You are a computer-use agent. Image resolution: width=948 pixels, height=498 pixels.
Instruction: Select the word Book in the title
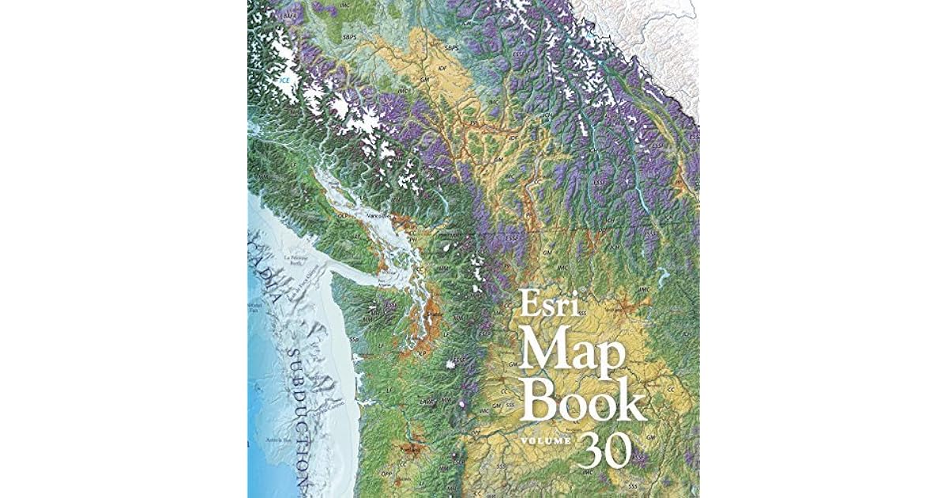pos(585,402)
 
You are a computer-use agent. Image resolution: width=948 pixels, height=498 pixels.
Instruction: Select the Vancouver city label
pos(377,214)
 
